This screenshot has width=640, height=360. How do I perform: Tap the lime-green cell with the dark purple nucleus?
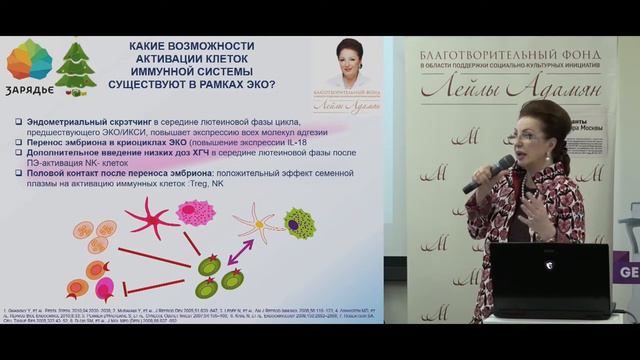tap(297, 221)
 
